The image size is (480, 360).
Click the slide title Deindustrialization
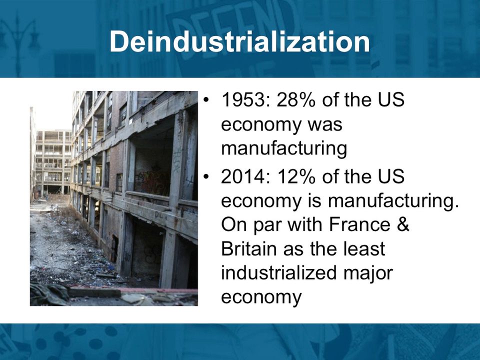point(239,41)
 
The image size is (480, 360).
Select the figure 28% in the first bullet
point(295,100)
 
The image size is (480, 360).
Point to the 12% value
point(295,176)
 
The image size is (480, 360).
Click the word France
point(359,224)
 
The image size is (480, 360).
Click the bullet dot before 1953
point(207,100)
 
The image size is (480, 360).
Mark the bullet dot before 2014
point(207,177)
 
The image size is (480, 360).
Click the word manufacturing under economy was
point(284,149)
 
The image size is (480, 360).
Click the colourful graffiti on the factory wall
point(153,180)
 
